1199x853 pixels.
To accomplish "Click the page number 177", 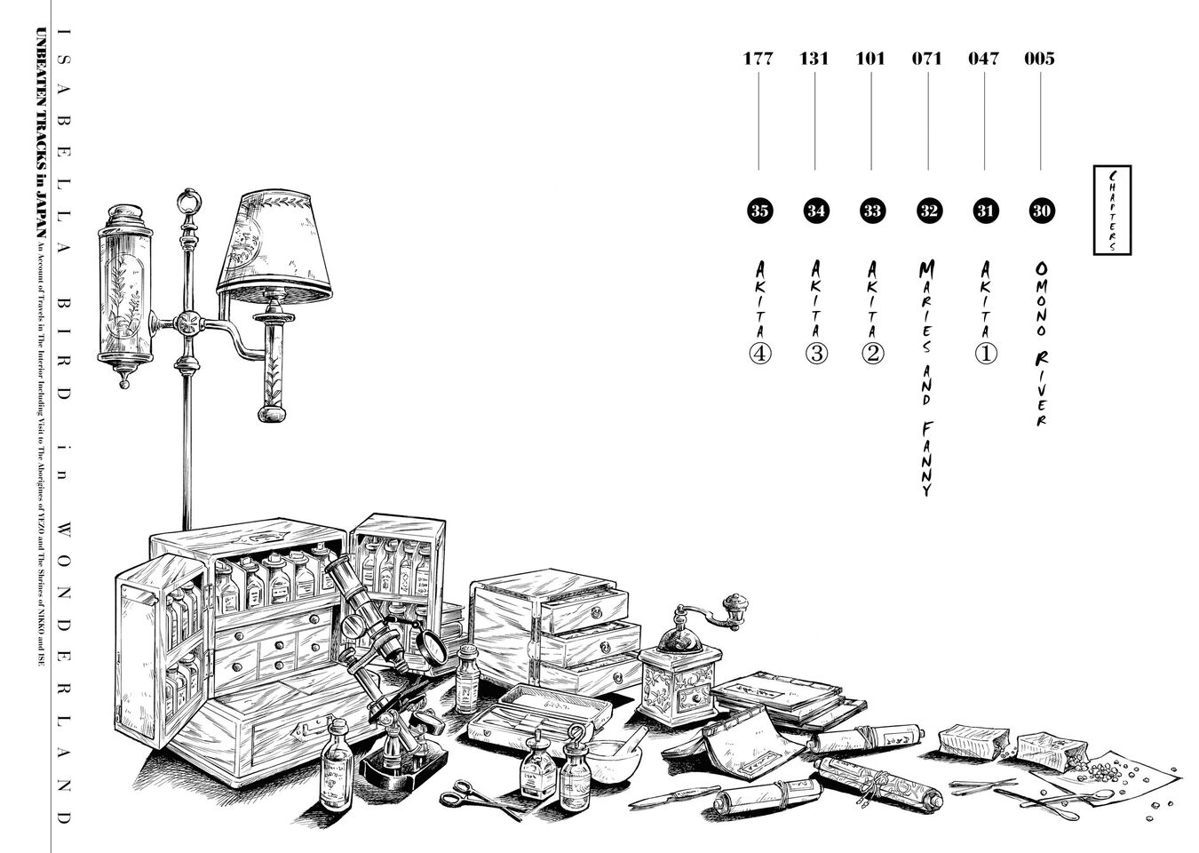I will coord(758,59).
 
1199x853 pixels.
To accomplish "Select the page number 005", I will coord(1039,59).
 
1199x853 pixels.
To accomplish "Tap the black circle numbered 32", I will coord(928,211).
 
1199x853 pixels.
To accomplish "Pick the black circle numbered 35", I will coord(758,211).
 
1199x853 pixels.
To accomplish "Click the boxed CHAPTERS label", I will coord(1111,210).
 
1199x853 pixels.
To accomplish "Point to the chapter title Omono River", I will coord(1042,342).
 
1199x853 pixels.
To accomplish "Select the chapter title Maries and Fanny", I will coord(927,378).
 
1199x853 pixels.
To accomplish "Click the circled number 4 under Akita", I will coord(759,354).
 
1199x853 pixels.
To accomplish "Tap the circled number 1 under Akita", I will coord(986,354).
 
